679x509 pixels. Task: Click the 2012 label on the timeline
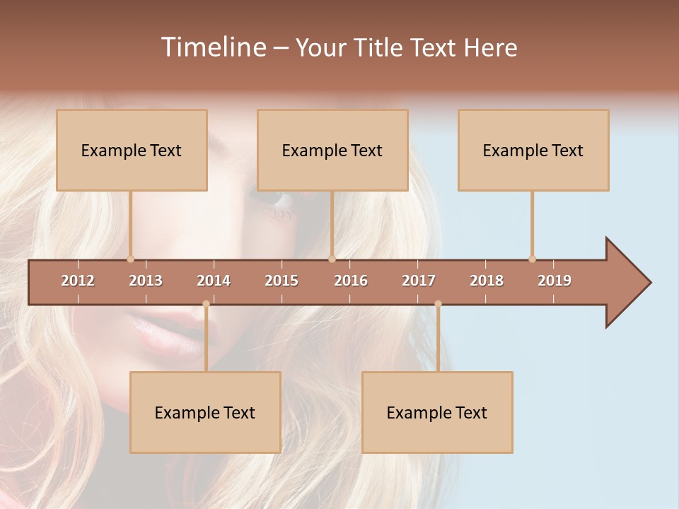78,281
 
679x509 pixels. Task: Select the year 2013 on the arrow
146,281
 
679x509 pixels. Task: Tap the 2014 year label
214,281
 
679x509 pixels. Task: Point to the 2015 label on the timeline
282,281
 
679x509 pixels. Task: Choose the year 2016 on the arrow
351,281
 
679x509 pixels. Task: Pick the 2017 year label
419,281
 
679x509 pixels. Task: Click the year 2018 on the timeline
487,281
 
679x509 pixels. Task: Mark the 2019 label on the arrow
555,281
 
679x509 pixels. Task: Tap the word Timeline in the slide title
212,47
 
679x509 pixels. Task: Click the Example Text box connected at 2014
205,412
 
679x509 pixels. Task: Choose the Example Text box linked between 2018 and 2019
533,150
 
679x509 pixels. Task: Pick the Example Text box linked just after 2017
437,412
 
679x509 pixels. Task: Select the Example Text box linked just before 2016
332,150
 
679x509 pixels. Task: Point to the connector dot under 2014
206,304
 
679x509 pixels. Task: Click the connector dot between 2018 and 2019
532,259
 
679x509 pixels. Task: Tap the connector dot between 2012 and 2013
130,259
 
